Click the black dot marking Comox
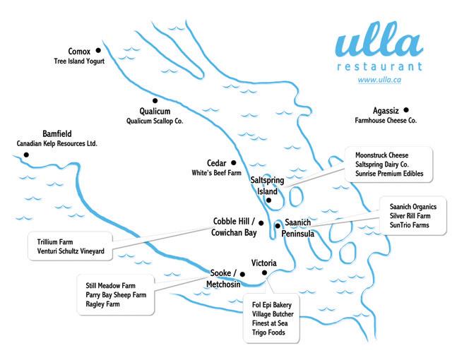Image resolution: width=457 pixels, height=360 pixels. point(98,50)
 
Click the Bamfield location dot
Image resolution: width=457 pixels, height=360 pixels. point(26,154)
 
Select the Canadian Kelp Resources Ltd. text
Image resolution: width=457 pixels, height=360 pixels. point(57,143)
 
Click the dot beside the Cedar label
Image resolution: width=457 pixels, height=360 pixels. point(233,162)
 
